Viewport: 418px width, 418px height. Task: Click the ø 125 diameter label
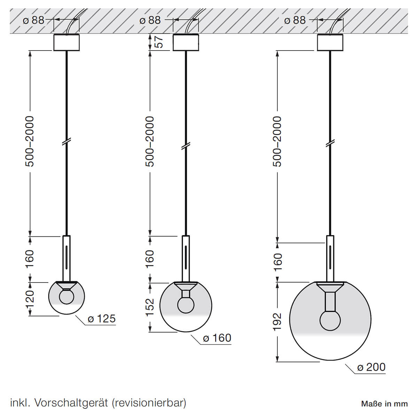coord(101,319)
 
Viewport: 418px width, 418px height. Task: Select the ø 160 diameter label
coord(217,338)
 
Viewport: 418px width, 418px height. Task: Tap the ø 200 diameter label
coord(371,367)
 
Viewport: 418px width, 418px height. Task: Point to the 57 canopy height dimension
coord(159,42)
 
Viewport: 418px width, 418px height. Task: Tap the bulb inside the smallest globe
coord(66,297)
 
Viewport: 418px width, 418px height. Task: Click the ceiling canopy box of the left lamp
coord(67,42)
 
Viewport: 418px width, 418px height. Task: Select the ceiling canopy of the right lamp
coord(330,42)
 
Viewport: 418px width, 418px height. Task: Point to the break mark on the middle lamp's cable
coord(186,146)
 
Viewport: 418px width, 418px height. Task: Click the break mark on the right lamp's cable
coord(330,143)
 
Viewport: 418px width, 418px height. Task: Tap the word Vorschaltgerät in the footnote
coord(73,403)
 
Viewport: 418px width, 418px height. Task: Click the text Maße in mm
coord(384,404)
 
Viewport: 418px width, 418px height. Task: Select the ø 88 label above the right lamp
coord(295,20)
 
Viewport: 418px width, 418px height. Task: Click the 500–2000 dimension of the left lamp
coord(30,141)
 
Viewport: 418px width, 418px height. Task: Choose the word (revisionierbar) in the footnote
coord(149,403)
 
